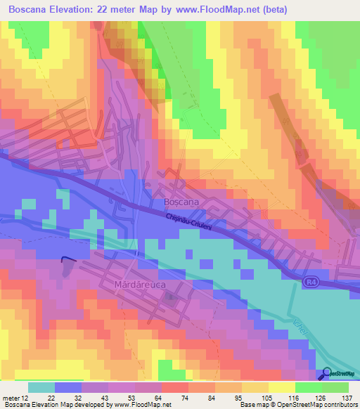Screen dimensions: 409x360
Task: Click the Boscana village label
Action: point(181,202)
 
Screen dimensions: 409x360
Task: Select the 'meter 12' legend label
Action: point(15,397)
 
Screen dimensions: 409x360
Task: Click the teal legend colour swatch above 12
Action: point(41,387)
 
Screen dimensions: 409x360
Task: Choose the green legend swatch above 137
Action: point(335,387)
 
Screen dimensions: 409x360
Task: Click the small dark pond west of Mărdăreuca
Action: point(67,266)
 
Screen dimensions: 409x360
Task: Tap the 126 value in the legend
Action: point(320,397)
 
